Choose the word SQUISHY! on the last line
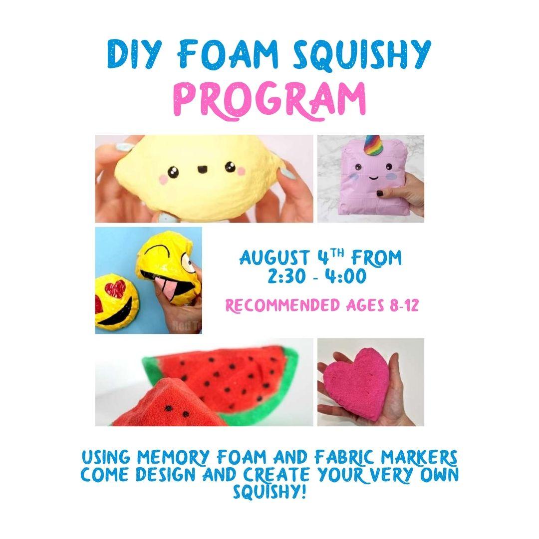[x=269, y=492]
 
